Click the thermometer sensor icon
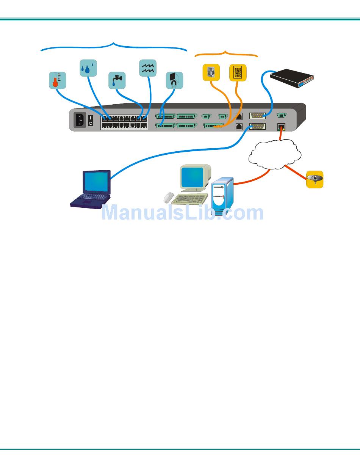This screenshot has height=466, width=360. pos(58,80)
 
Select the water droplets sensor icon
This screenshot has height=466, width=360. pos(88,67)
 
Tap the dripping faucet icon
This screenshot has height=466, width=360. pos(117,80)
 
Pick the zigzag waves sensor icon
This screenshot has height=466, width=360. pos(148,68)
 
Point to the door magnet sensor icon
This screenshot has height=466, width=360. pos(174,80)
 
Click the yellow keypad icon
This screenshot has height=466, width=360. pos(238,72)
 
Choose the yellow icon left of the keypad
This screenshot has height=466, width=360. pos(211,72)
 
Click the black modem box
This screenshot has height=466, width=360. pos(292,78)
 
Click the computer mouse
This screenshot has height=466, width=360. pos(169,197)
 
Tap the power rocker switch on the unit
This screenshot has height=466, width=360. pos(91,121)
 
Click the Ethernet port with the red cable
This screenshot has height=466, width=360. pos(281,127)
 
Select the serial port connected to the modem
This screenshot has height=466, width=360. pos(257,116)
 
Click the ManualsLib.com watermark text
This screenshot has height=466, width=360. pos(182,213)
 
